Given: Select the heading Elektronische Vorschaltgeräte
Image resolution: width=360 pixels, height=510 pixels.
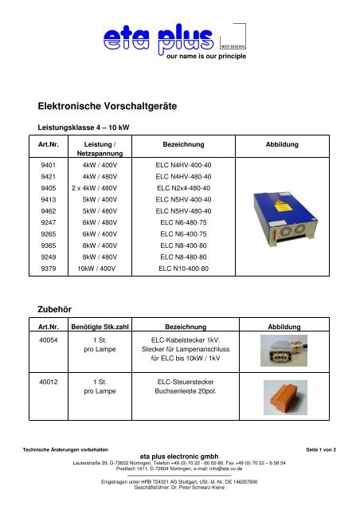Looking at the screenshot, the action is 112,104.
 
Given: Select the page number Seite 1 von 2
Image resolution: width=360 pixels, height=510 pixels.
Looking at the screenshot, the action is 328,451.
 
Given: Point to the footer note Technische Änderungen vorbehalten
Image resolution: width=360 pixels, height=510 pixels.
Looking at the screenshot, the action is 64,451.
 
